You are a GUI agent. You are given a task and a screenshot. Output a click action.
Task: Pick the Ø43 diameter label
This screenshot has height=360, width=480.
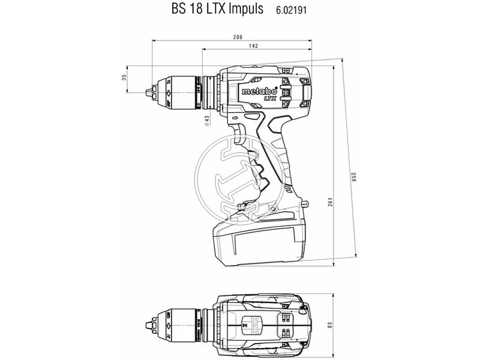click(x=206, y=120)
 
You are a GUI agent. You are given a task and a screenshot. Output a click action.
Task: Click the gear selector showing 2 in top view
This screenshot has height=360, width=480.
click(x=245, y=325)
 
